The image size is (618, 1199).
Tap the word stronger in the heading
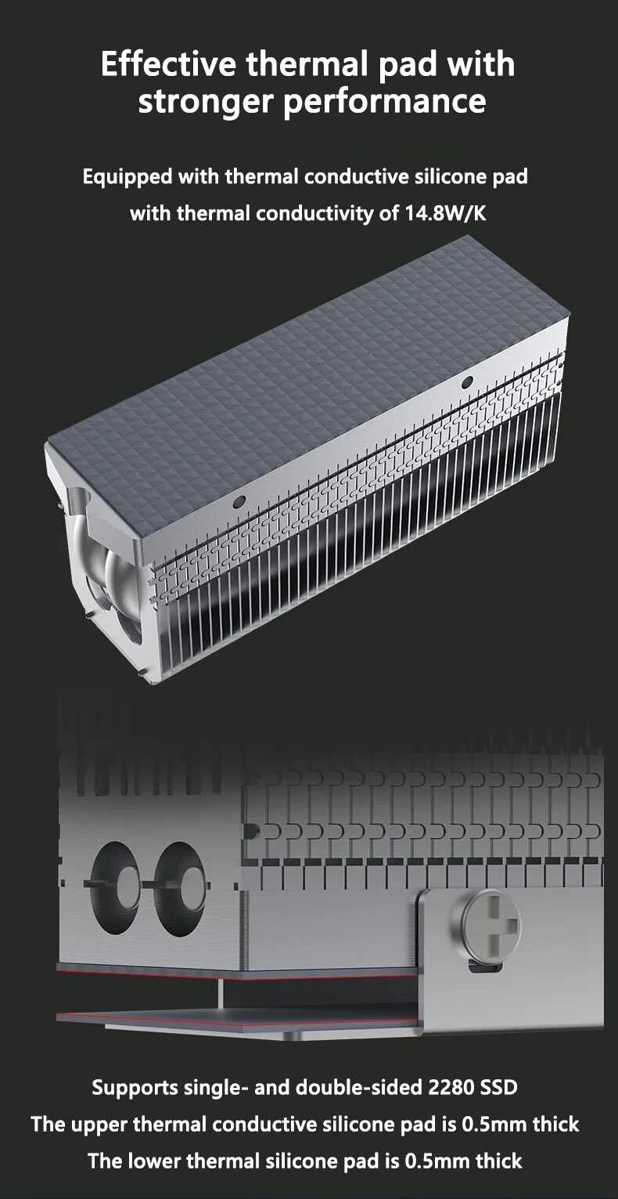point(205,102)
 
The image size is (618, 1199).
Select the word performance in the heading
point(385,102)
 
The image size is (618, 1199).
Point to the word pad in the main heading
point(408,65)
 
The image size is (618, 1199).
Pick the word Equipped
point(128,177)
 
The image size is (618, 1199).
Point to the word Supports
point(135,1089)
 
